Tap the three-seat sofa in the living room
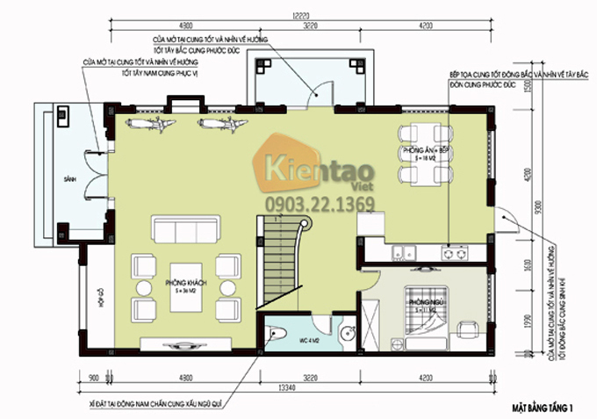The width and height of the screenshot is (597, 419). pyautogui.click(x=185, y=231)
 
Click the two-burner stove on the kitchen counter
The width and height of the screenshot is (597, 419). pyautogui.click(x=454, y=254)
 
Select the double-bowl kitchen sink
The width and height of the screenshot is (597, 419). pyautogui.click(x=405, y=254)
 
